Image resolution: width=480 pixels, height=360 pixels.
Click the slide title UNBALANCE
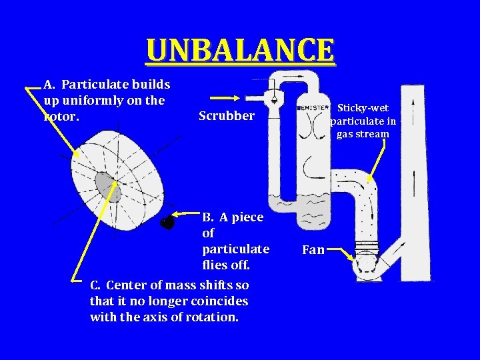240,50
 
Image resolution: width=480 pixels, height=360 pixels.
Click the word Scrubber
226,116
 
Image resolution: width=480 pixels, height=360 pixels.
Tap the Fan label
313,250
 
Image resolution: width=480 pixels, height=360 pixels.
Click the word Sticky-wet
363,108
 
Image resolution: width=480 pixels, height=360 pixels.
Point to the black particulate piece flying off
167,222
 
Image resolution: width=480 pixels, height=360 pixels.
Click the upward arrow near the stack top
413,107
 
